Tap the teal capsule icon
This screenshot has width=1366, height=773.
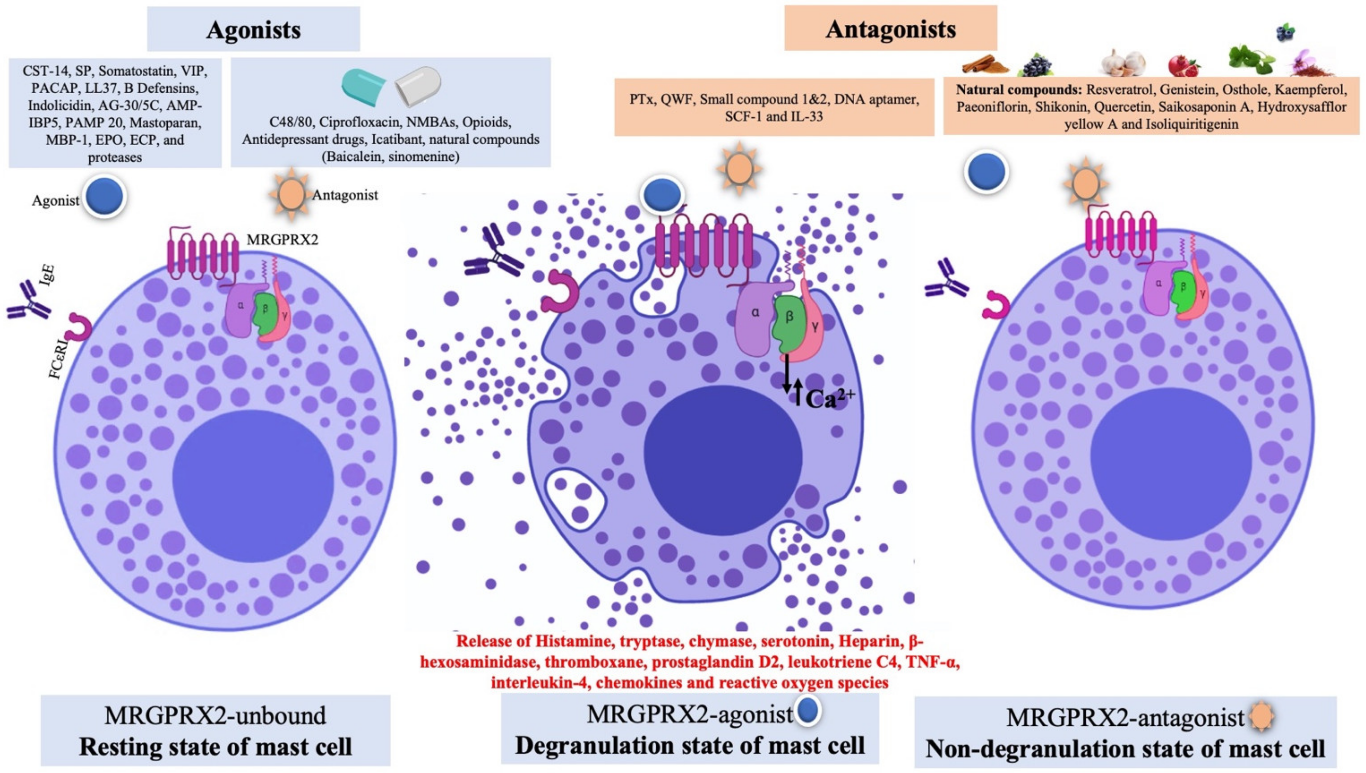(x=363, y=86)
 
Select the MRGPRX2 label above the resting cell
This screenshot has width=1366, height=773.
(x=282, y=240)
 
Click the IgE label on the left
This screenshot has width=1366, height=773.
(x=47, y=276)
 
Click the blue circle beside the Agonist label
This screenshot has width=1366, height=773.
(x=105, y=197)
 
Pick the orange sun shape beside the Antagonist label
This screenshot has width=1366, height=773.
(x=291, y=194)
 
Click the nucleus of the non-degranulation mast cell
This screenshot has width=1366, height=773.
(x=1171, y=464)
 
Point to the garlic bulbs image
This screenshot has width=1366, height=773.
(x=1123, y=64)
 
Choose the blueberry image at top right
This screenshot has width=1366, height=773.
(x=1285, y=33)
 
